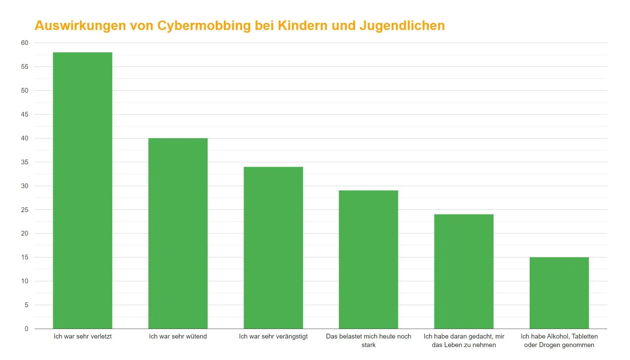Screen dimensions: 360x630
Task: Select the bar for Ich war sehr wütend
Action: coord(178,233)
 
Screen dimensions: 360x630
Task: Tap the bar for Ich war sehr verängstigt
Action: coord(273,247)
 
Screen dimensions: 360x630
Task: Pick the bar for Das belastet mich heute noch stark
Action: coord(368,259)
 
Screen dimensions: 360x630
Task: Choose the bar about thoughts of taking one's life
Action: coord(464,271)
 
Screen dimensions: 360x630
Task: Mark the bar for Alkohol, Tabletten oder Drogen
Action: coord(559,293)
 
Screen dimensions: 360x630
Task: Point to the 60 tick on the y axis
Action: coord(25,43)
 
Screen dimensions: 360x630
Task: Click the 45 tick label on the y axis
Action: coord(25,114)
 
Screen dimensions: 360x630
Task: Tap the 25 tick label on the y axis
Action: coord(25,210)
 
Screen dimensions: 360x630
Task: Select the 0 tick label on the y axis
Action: coord(26,329)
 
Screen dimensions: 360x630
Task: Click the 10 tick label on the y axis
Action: coord(25,281)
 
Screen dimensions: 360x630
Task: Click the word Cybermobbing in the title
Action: coord(204,26)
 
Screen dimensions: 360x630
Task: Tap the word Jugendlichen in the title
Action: coord(402,26)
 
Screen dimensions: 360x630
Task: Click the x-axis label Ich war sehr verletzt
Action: coord(82,336)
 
